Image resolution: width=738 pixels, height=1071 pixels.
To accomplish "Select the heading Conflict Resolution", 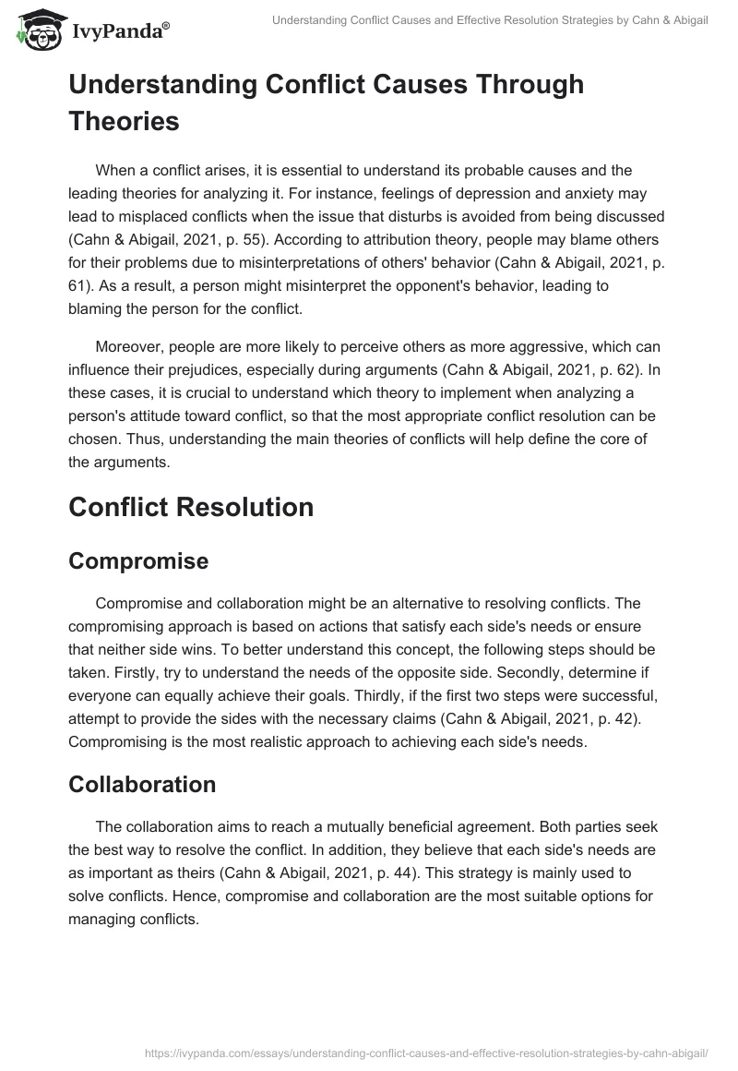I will click(191, 506).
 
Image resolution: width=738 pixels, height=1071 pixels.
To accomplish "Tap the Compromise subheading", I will click(138, 560).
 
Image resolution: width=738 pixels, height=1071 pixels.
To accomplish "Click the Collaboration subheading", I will click(142, 784).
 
